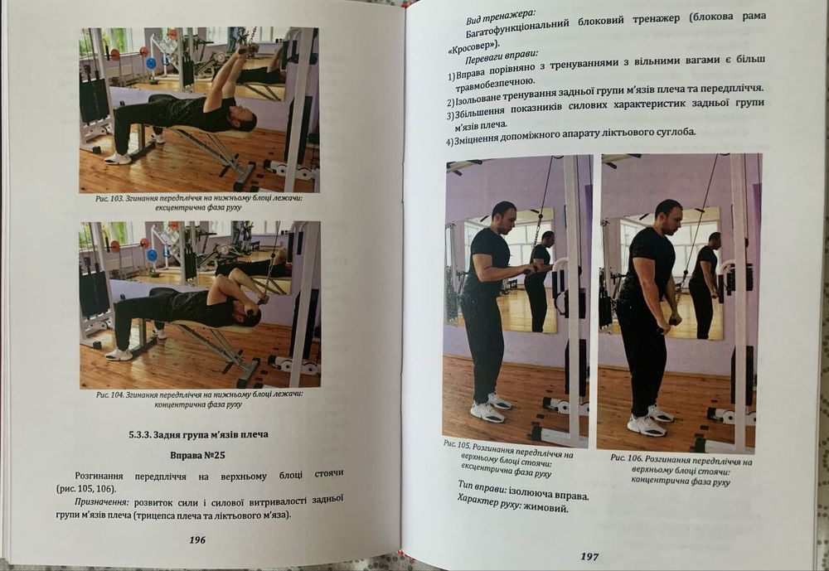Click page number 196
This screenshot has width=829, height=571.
(x=197, y=540)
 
